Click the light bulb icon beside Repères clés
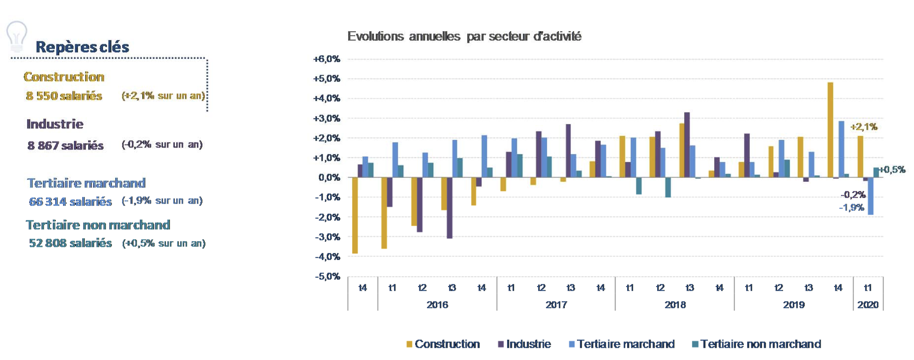tap(17, 36)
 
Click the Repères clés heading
tap(82, 47)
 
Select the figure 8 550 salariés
tap(64, 96)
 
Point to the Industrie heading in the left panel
tap(55, 124)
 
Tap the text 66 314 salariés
tap(70, 202)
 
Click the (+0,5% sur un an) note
tap(164, 243)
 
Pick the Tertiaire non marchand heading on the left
tap(98, 225)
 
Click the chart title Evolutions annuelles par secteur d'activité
tap(464, 36)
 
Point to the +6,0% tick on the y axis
tap(326, 59)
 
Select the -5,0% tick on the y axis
tap(327, 276)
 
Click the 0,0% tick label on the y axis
tap(329, 177)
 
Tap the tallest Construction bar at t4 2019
tap(830, 130)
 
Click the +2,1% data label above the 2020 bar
tap(863, 127)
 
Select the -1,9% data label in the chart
tap(851, 207)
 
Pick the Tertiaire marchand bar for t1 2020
tap(870, 196)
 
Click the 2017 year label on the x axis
tap(556, 305)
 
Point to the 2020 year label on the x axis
tap(868, 305)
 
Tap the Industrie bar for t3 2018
tap(687, 145)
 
